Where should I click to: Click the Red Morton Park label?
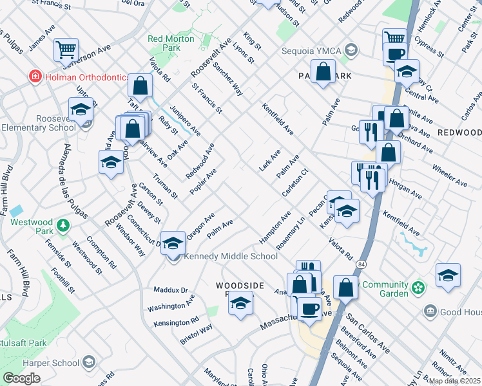click(x=164, y=43)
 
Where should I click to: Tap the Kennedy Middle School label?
click(x=231, y=256)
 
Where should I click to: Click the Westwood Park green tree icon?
click(x=63, y=225)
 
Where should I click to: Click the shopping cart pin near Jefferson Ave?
click(x=65, y=49)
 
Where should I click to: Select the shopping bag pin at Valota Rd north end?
click(x=140, y=85)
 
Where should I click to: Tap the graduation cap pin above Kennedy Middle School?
click(x=172, y=242)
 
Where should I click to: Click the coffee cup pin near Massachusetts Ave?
click(x=309, y=308)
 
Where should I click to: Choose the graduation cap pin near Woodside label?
click(x=240, y=302)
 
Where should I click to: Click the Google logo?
click(x=21, y=378)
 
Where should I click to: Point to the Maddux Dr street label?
click(x=171, y=290)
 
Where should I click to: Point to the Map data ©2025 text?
click(x=454, y=380)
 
